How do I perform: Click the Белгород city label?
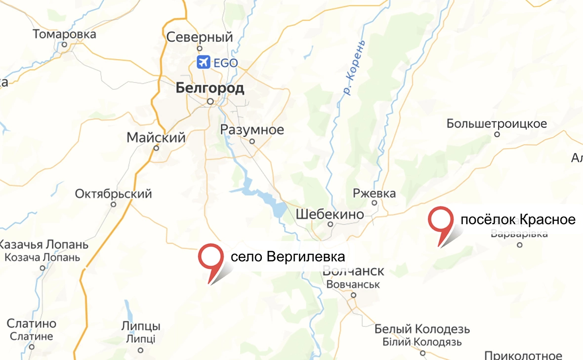tap(210, 88)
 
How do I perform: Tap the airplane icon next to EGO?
tap(203, 63)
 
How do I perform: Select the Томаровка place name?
tap(64, 35)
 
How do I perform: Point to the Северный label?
tap(200, 37)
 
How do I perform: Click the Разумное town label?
tap(252, 130)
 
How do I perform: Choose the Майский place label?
tap(156, 137)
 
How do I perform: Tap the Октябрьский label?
tap(113, 194)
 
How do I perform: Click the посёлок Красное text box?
tap(518, 219)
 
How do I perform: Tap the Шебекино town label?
tap(330, 214)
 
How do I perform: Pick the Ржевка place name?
tap(375, 193)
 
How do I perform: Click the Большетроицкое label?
tap(497, 123)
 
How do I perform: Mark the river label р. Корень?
tap(355, 68)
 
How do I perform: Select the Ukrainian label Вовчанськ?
tap(353, 284)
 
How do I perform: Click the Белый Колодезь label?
tap(422, 329)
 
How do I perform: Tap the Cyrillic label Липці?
tap(141, 339)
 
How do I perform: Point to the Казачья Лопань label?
tap(43, 245)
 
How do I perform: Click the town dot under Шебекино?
tap(331, 224)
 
